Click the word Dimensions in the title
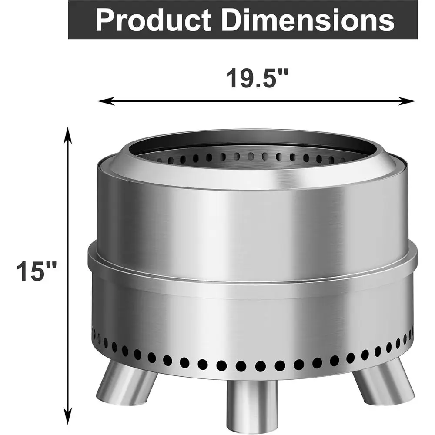[x=304, y=20]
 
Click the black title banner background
[x=78, y=20]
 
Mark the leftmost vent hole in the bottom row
[x=94, y=333]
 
